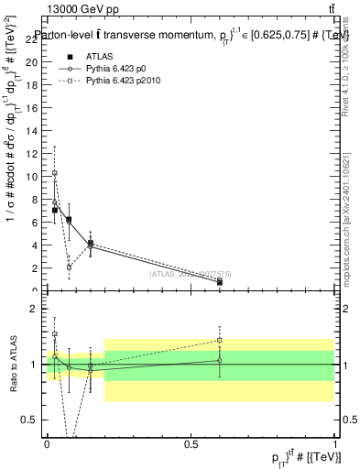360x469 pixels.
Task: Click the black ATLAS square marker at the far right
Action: coord(219,282)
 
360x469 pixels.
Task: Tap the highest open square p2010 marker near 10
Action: coord(55,173)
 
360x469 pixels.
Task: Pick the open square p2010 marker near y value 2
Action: coord(69,267)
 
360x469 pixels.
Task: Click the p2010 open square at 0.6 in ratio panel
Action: coord(219,340)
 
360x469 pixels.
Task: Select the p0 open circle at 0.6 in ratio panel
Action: coord(219,361)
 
